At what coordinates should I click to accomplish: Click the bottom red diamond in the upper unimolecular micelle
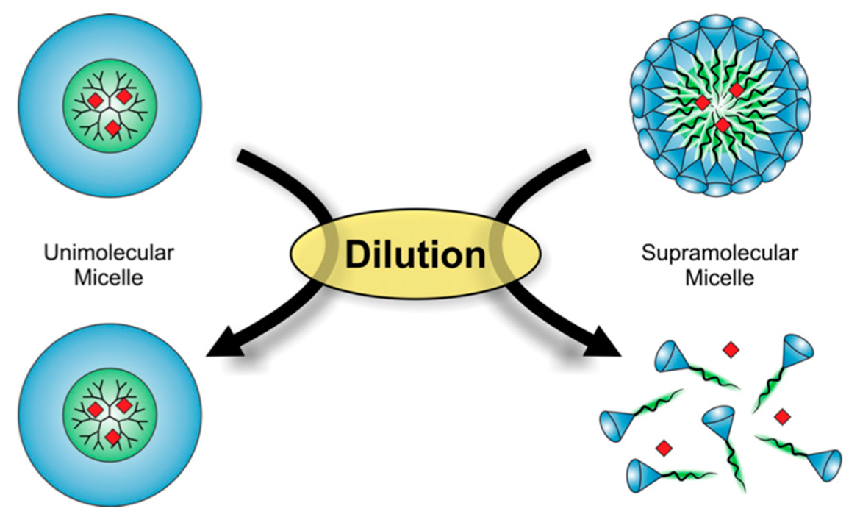112,129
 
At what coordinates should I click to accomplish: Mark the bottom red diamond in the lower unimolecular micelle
112,438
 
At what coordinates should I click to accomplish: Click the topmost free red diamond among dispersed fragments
730,350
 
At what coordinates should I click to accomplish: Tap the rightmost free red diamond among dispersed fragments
782,416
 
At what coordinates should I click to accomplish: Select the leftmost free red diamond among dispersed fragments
664,446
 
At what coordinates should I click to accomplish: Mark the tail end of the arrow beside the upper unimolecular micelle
243,155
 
